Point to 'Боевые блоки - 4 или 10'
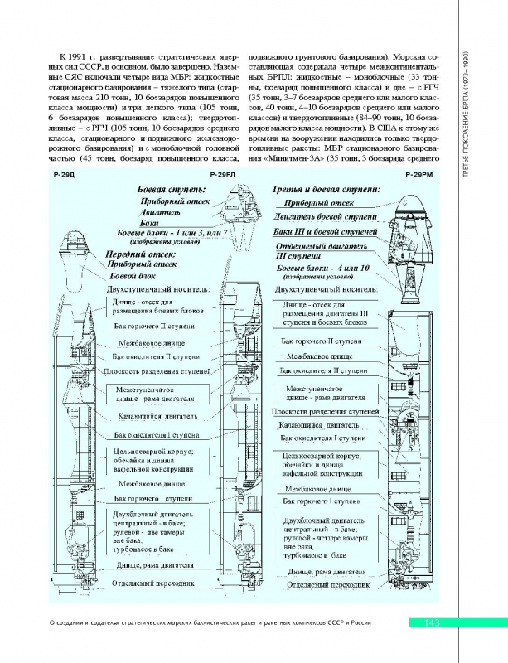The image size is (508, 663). tap(325, 270)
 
